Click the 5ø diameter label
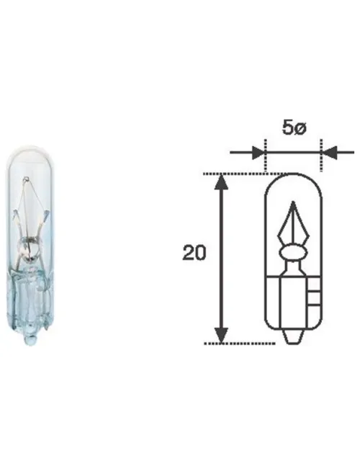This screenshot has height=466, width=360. [294, 128]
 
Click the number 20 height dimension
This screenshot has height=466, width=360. [194, 253]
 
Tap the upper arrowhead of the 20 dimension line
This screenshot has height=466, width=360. [221, 182]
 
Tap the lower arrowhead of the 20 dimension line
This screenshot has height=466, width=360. [221, 336]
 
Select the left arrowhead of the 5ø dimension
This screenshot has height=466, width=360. [258, 153]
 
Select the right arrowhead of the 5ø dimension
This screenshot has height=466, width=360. [330, 153]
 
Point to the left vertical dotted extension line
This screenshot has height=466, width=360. [265, 155]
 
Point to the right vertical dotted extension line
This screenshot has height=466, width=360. [321, 155]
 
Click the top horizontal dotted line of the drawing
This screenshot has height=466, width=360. [246, 174]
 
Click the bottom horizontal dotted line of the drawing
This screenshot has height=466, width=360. [240, 344]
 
